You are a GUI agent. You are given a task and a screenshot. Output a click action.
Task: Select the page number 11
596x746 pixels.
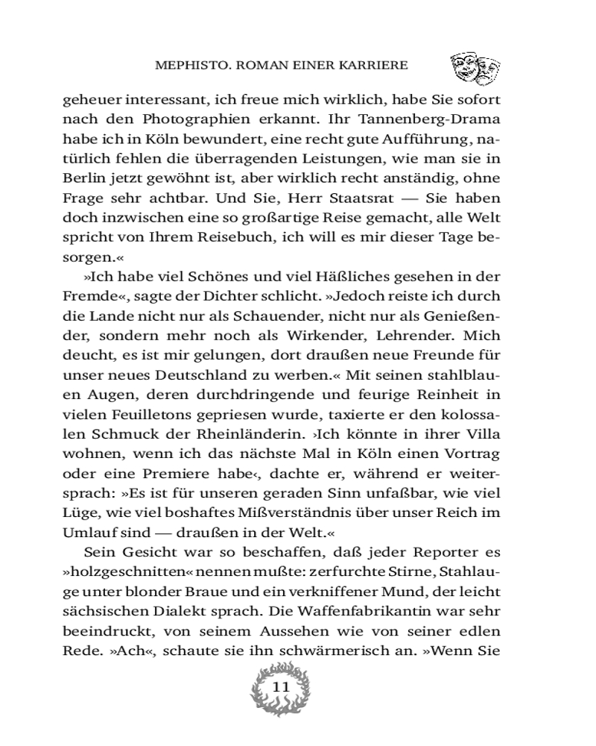[282, 687]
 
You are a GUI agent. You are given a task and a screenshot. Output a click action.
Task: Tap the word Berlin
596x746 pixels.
[81, 179]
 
